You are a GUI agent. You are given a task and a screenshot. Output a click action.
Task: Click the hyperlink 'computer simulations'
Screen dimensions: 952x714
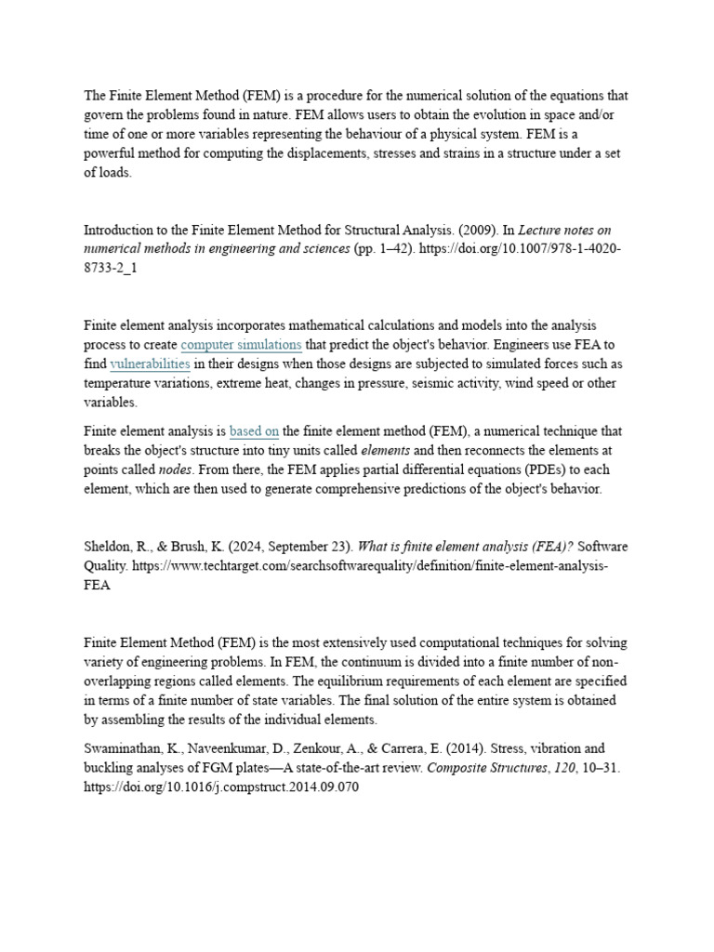241,345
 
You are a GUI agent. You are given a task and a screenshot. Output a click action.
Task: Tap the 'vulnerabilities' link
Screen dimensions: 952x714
150,364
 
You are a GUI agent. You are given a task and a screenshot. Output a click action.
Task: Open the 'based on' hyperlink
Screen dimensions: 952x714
254,431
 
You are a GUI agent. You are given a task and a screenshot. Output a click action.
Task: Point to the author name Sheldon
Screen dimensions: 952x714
106,547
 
